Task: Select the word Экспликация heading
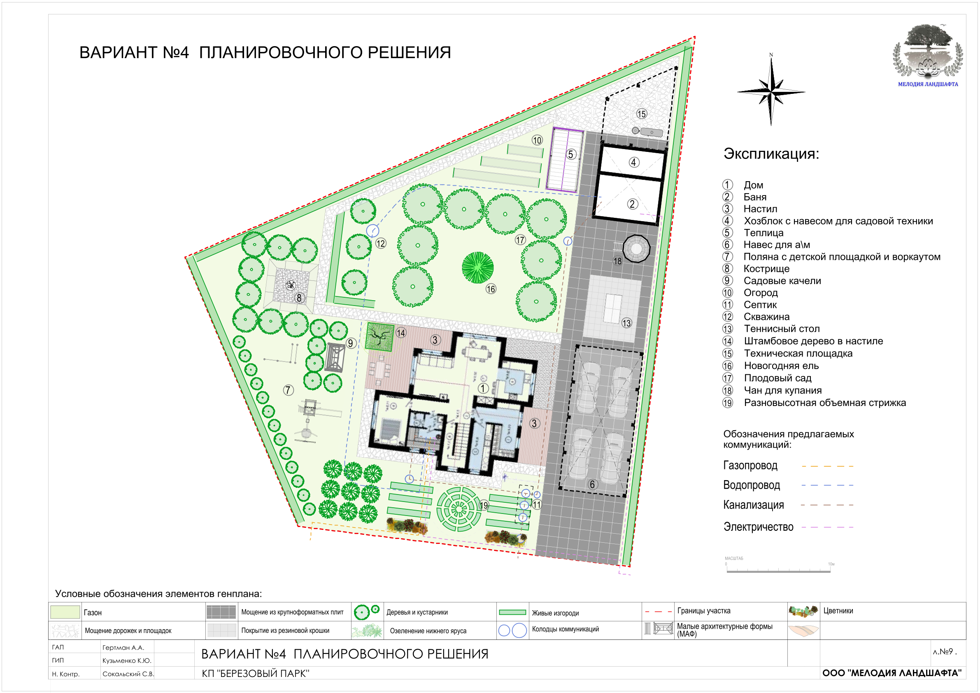pos(771,153)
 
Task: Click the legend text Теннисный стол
pos(782,329)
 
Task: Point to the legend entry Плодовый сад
pos(777,378)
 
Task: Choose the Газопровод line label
pos(750,465)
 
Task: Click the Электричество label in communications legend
pos(758,527)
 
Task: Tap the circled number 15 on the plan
pos(642,114)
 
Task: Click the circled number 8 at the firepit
pos(299,298)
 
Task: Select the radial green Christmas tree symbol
pos(477,267)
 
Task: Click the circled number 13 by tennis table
pos(626,323)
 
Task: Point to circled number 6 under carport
pos(592,484)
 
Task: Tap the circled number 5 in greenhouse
pos(570,154)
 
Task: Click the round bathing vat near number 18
pos(636,249)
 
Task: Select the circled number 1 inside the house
pos(483,388)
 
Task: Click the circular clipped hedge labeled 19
pos(459,509)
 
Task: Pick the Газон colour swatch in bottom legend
pos(65,612)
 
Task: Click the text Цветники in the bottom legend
pos(838,611)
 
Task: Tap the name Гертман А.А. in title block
pos(123,648)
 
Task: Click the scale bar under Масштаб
pos(779,569)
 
